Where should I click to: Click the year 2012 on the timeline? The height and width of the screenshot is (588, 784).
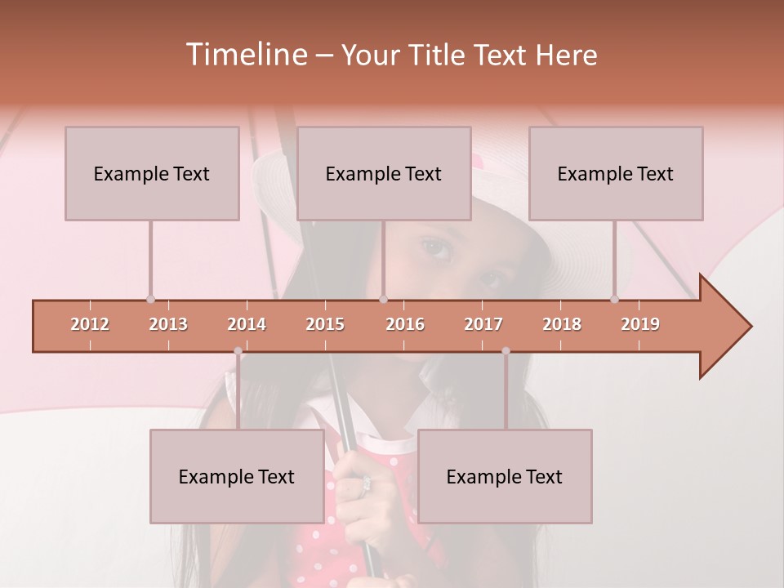[x=90, y=324]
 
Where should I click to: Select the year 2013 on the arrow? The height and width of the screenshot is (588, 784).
[x=168, y=324]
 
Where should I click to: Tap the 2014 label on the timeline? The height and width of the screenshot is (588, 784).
[x=247, y=324]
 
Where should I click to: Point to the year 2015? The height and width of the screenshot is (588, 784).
[x=325, y=324]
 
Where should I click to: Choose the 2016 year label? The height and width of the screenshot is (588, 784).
[x=405, y=324]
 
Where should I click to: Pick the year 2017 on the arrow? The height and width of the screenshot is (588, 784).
[x=483, y=324]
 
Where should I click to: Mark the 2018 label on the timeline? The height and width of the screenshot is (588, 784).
[x=562, y=324]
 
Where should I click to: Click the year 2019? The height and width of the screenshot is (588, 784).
[x=640, y=324]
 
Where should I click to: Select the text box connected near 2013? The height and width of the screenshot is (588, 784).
[x=152, y=173]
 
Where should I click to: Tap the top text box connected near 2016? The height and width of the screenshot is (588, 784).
[x=384, y=173]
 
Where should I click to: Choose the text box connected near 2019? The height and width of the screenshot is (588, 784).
[x=616, y=173]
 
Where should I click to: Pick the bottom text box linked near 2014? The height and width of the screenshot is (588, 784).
[x=237, y=476]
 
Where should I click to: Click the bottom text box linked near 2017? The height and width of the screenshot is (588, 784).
[x=505, y=476]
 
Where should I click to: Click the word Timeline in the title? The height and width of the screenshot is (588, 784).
[x=245, y=55]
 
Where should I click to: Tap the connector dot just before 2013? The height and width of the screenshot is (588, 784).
[x=150, y=299]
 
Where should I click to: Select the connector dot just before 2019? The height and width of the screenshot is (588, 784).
[x=614, y=299]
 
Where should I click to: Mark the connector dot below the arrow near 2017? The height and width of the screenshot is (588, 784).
[x=506, y=351]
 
